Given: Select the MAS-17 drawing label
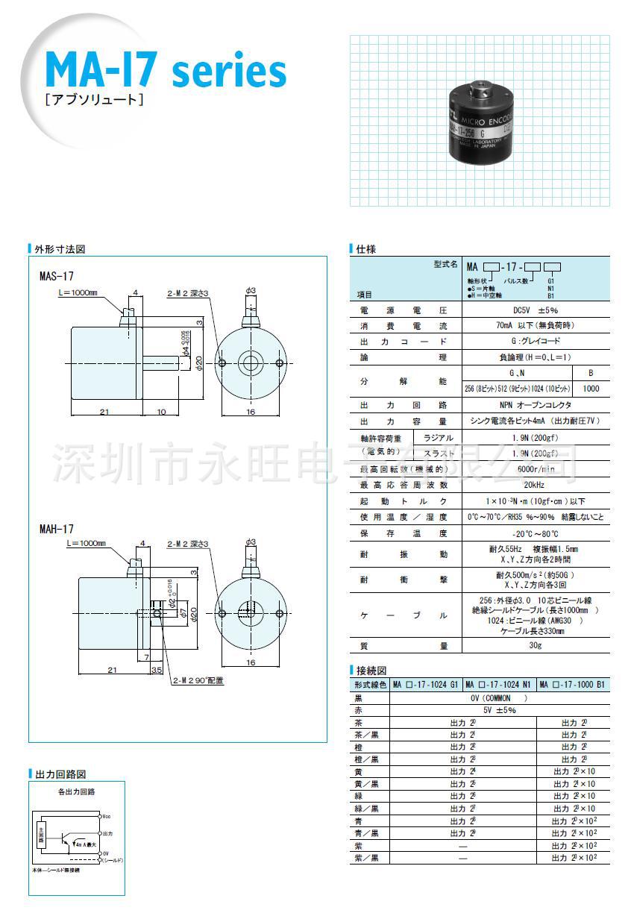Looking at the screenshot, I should pyautogui.click(x=56, y=275).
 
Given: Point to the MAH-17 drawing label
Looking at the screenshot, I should pyautogui.click(x=57, y=527).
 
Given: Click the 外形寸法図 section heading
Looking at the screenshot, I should pyautogui.click(x=60, y=249).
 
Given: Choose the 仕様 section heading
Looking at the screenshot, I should pyautogui.click(x=365, y=249).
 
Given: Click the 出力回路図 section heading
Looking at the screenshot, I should pyautogui.click(x=60, y=774).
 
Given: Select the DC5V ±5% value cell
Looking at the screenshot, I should pyautogui.click(x=536, y=310).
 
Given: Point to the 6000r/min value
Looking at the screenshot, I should pyautogui.click(x=536, y=469).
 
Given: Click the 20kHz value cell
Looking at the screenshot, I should pyautogui.click(x=536, y=485).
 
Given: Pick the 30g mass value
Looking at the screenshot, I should pyautogui.click(x=536, y=645).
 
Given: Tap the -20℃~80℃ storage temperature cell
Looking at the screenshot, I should pyautogui.click(x=536, y=533).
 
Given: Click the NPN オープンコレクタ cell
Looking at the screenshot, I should pyautogui.click(x=536, y=404).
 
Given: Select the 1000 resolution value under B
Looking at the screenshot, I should pyautogui.click(x=591, y=388).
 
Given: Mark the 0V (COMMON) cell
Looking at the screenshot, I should pyautogui.click(x=499, y=698).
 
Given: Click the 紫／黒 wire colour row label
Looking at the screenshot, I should pyautogui.click(x=365, y=858).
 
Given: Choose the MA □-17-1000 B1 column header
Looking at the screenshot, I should pyautogui.click(x=572, y=684).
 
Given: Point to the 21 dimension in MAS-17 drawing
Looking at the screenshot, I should pyautogui.click(x=104, y=412).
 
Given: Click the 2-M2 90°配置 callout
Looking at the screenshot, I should pyautogui.click(x=198, y=680).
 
